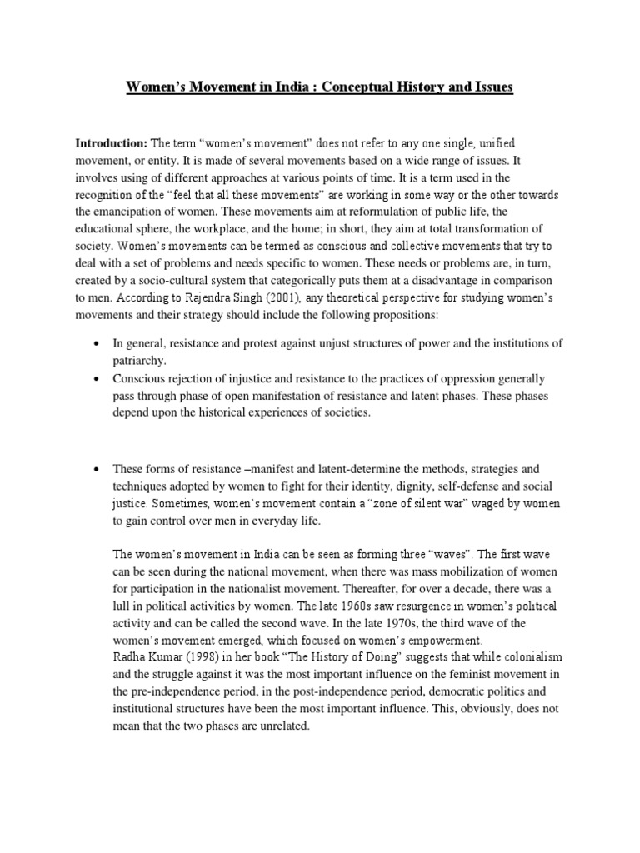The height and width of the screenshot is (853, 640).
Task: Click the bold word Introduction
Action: (x=110, y=143)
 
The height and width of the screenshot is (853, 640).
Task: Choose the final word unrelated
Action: (x=279, y=726)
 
